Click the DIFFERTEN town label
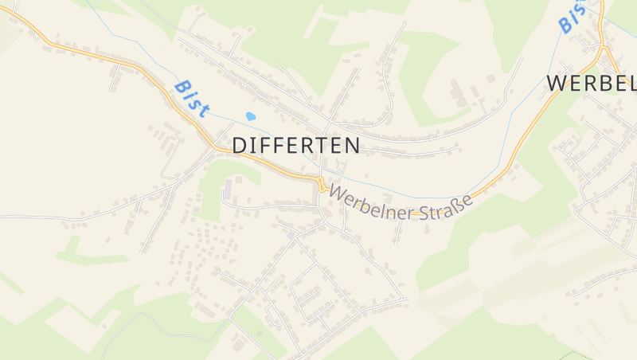(296, 145)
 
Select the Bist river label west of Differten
(191, 98)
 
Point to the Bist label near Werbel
(572, 16)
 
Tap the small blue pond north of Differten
(251, 116)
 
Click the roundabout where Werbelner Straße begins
(321, 186)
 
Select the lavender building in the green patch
(229, 190)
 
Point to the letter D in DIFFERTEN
(240, 145)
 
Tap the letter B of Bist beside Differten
(181, 86)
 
